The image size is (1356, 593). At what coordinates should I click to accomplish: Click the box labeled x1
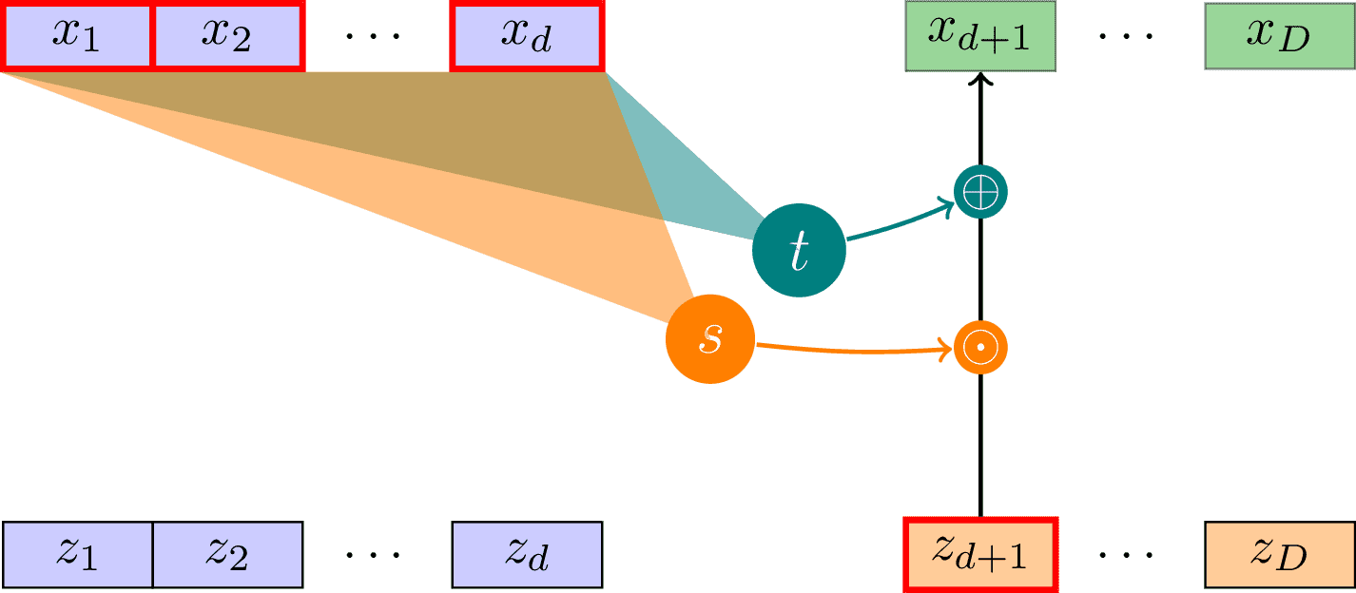tap(77, 36)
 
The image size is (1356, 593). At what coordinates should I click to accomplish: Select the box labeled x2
tap(227, 36)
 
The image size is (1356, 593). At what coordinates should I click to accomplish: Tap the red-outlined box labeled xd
tap(528, 36)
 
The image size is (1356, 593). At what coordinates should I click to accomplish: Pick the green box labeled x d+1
tap(979, 36)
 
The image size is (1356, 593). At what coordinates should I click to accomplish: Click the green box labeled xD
tap(1279, 36)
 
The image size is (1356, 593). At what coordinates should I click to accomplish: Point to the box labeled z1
tap(77, 554)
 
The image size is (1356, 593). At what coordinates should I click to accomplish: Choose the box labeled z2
tap(227, 554)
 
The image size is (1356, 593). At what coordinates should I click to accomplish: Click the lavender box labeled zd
tap(528, 554)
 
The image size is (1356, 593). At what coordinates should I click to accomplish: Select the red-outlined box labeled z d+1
tap(979, 554)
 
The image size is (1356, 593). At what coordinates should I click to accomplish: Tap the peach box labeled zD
tap(1279, 554)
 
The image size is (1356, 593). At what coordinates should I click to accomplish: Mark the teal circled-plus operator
tap(979, 193)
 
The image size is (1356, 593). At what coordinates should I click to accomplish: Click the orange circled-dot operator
tap(979, 348)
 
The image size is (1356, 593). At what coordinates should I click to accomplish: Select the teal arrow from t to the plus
tap(899, 220)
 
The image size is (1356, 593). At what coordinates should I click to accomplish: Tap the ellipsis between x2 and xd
tap(374, 36)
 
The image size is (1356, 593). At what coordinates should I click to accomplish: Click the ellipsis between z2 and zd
tap(374, 554)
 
